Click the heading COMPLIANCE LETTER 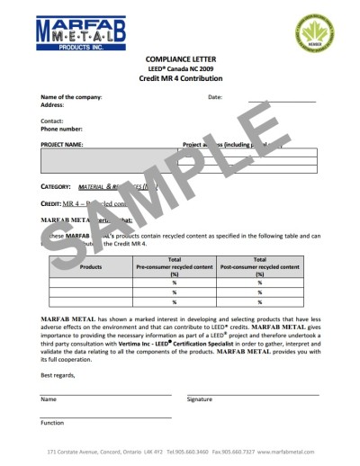pyautogui.click(x=179, y=59)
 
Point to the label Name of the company pyautogui.click(x=71, y=96)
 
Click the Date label pyautogui.click(x=214, y=96)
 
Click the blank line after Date pyautogui.click(x=281, y=99)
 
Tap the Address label pyautogui.click(x=52, y=104)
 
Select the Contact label pyautogui.click(x=51, y=121)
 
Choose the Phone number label pyautogui.click(x=60, y=129)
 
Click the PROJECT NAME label pyautogui.click(x=62, y=144)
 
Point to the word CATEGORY pyautogui.click(x=57, y=186)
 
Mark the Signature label pyautogui.click(x=200, y=399)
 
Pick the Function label pyautogui.click(x=52, y=422)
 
